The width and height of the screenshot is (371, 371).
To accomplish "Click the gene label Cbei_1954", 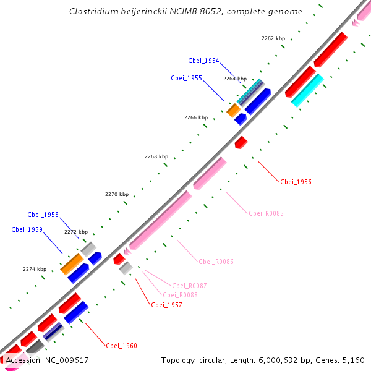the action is pyautogui.click(x=203, y=61).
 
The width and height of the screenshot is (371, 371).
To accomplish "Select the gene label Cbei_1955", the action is pyautogui.click(x=186, y=78).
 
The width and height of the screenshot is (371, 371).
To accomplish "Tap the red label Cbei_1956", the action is pyautogui.click(x=296, y=182).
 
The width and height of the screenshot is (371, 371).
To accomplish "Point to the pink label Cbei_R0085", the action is pyautogui.click(x=266, y=213).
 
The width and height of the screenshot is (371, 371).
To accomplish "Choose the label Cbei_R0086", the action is pyautogui.click(x=216, y=262).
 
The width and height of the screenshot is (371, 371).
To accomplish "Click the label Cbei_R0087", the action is pyautogui.click(x=189, y=285).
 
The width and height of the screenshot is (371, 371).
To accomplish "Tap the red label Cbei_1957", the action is pyautogui.click(x=166, y=305).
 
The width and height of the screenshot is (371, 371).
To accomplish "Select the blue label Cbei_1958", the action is pyautogui.click(x=43, y=215).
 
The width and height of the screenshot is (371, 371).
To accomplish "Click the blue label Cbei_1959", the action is pyautogui.click(x=27, y=229).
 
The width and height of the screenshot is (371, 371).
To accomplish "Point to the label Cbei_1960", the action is pyautogui.click(x=121, y=346).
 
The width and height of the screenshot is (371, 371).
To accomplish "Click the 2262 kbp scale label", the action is pyautogui.click(x=273, y=38).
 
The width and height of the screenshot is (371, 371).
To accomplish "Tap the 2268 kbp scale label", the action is pyautogui.click(x=156, y=156).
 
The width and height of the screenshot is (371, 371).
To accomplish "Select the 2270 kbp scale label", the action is pyautogui.click(x=116, y=194).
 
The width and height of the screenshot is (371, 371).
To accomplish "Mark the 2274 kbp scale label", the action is pyautogui.click(x=35, y=269).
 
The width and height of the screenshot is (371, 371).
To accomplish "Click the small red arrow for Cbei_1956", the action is pyautogui.click(x=241, y=143).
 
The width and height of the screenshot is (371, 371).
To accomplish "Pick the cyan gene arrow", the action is pyautogui.click(x=307, y=90).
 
